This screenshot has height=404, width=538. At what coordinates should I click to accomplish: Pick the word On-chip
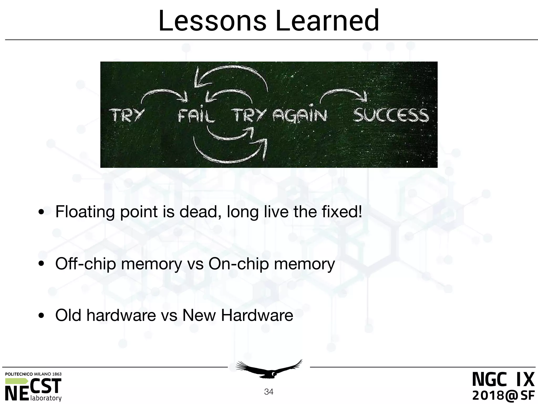click(239, 264)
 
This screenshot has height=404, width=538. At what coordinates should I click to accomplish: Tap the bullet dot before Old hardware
click(41, 316)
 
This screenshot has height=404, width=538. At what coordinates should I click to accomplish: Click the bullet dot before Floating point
click(41, 212)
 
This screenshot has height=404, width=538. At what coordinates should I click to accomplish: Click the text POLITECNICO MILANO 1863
click(33, 374)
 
